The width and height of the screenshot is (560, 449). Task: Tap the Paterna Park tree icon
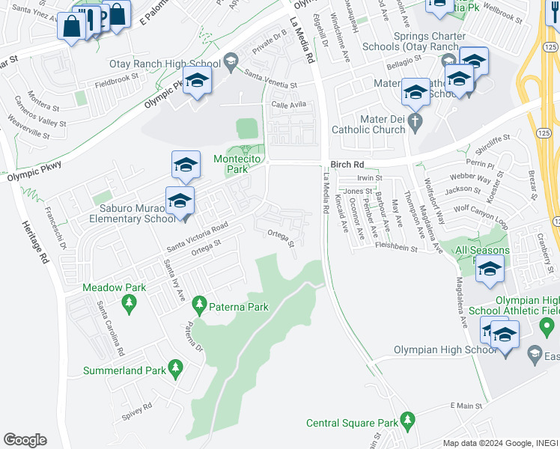199,305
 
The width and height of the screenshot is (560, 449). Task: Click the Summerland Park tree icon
176,367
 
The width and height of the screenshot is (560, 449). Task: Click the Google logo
25,440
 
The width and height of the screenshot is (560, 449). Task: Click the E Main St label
467,405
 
